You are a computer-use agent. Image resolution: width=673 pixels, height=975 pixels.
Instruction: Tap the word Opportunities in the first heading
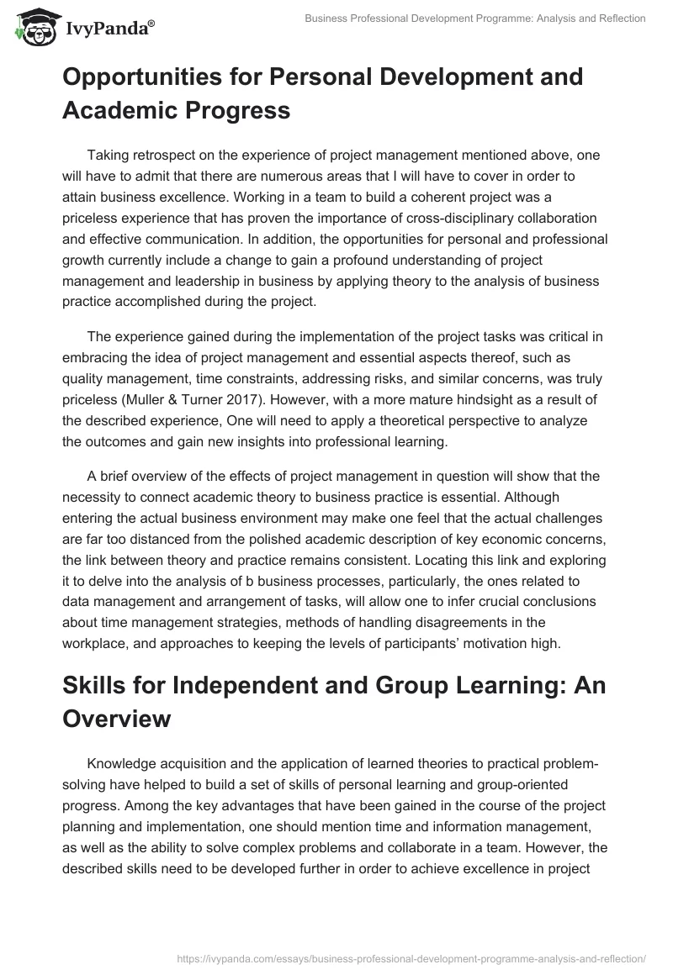(146, 77)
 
